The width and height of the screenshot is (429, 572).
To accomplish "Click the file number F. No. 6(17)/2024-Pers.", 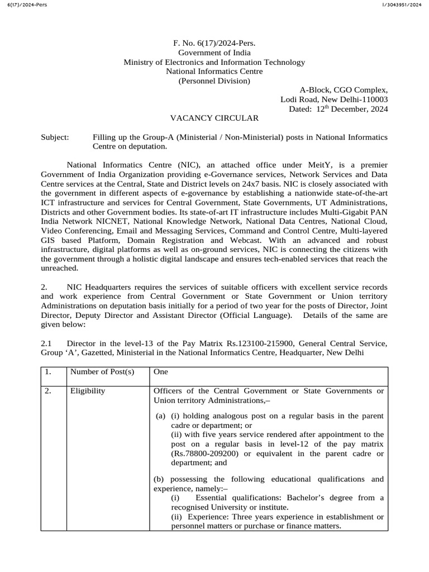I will [x=214, y=42].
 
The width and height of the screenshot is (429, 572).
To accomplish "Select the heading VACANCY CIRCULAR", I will [x=214, y=118].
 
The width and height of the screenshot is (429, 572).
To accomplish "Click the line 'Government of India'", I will [x=214, y=53].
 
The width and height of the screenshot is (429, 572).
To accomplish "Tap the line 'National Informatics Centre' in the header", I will [x=214, y=71].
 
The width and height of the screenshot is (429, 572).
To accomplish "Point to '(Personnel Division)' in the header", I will [x=214, y=81].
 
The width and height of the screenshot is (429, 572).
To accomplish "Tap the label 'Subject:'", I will [x=55, y=137].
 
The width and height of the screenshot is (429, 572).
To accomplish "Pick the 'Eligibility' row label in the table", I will [x=87, y=392].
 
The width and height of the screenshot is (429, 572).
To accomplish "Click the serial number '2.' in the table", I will [x=49, y=392].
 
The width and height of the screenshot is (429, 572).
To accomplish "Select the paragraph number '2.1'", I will [x=46, y=344].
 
